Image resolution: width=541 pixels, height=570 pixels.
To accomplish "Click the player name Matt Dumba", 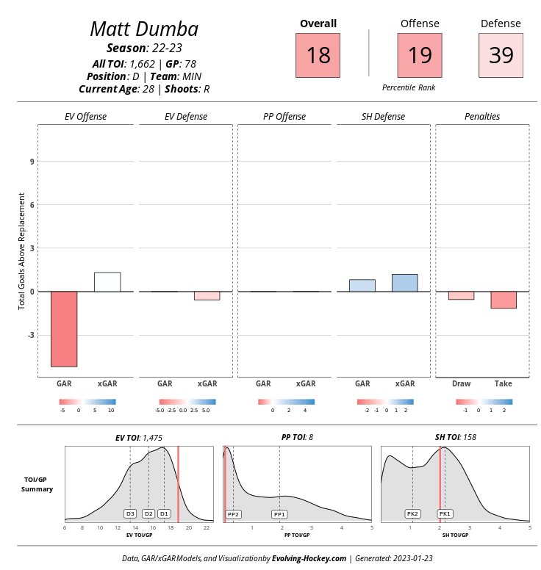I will (x=144, y=29).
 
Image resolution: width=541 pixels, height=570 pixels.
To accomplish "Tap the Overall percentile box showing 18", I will (x=318, y=56).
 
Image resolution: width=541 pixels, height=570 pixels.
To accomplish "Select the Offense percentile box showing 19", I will (x=420, y=56).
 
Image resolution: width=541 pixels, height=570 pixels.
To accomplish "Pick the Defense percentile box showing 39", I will (x=501, y=56).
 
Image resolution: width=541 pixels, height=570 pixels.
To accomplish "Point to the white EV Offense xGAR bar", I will (x=107, y=282).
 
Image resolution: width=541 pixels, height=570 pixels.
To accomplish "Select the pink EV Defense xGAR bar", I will (x=207, y=295).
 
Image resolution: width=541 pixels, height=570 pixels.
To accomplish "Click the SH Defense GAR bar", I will (x=362, y=286).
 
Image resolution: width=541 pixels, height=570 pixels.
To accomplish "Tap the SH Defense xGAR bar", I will (x=405, y=283).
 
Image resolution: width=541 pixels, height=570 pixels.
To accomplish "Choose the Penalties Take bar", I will (x=504, y=300).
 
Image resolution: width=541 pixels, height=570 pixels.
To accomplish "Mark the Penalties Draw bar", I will (x=461, y=295).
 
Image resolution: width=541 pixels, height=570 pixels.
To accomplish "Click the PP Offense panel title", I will (x=284, y=117).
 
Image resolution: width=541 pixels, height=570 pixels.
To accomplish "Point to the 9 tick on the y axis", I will (x=32, y=162).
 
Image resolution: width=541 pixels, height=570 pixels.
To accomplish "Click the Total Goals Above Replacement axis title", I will (x=22, y=251).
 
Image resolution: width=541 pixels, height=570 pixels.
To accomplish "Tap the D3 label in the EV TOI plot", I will (x=130, y=513).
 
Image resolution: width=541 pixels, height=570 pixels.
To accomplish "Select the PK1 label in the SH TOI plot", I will (x=445, y=513).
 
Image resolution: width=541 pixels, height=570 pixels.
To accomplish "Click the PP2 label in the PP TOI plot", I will (x=234, y=514).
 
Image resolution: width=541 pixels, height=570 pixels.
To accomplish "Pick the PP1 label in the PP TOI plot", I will (x=279, y=514).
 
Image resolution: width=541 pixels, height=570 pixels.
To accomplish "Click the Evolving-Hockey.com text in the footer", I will (x=309, y=558).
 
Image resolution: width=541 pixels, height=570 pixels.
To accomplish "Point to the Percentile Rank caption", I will (x=409, y=87).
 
